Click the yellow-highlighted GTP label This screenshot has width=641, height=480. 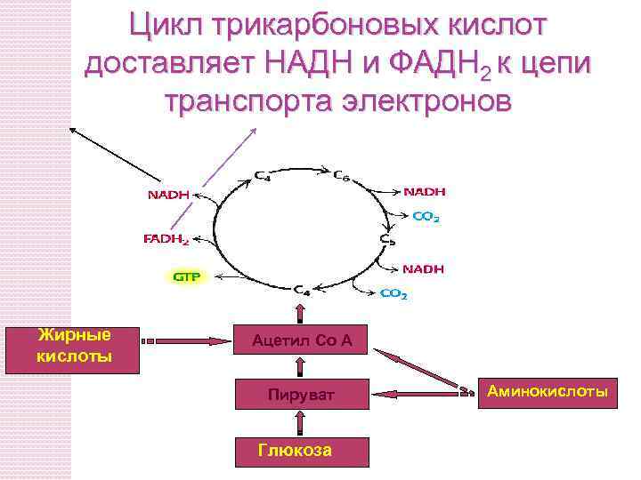(x=186, y=276)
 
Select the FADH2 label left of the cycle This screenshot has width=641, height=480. (x=166, y=239)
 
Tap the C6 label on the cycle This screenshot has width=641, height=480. (x=342, y=176)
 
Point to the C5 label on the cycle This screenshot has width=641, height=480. (x=388, y=239)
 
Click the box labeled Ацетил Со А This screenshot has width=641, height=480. (x=301, y=340)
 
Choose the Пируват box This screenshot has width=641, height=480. (x=301, y=395)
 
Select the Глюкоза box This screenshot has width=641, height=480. (x=301, y=451)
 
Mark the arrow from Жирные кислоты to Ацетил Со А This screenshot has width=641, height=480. (x=187, y=340)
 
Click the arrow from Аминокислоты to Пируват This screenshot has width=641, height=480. (x=418, y=391)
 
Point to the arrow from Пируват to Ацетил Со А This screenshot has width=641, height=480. (x=301, y=367)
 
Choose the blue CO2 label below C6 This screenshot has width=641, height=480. (x=426, y=216)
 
